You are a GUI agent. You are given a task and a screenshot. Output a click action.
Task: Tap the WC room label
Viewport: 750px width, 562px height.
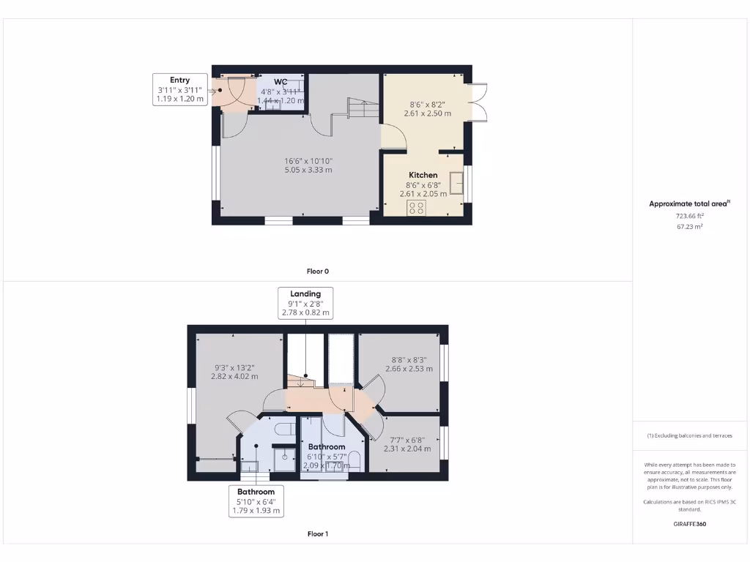pos(281,81)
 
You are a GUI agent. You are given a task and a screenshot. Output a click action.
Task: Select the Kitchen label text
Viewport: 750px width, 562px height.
pos(423,175)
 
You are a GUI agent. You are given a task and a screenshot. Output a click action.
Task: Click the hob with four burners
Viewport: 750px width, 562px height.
pos(416,208)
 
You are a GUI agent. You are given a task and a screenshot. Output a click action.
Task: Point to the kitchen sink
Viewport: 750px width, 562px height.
pos(457,182)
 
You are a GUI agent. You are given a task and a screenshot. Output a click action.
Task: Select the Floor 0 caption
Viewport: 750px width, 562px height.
pos(317,271)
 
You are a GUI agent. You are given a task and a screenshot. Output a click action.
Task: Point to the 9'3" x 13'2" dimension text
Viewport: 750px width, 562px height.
pos(234,368)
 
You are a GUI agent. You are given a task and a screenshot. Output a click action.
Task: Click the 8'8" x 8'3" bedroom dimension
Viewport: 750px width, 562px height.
pos(409,360)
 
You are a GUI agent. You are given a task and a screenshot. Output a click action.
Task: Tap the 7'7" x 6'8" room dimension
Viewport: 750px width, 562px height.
pos(406,440)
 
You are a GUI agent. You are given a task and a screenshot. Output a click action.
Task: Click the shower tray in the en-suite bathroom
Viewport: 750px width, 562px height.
pos(284,457)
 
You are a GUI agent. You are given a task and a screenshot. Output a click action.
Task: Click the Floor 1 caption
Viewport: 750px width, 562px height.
pos(317,534)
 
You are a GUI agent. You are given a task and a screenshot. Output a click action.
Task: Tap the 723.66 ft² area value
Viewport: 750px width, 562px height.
pos(689,217)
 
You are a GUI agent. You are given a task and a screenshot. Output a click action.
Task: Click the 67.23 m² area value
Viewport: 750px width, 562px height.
pos(689,227)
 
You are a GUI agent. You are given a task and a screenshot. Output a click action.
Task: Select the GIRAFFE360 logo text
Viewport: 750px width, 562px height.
pos(689,524)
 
